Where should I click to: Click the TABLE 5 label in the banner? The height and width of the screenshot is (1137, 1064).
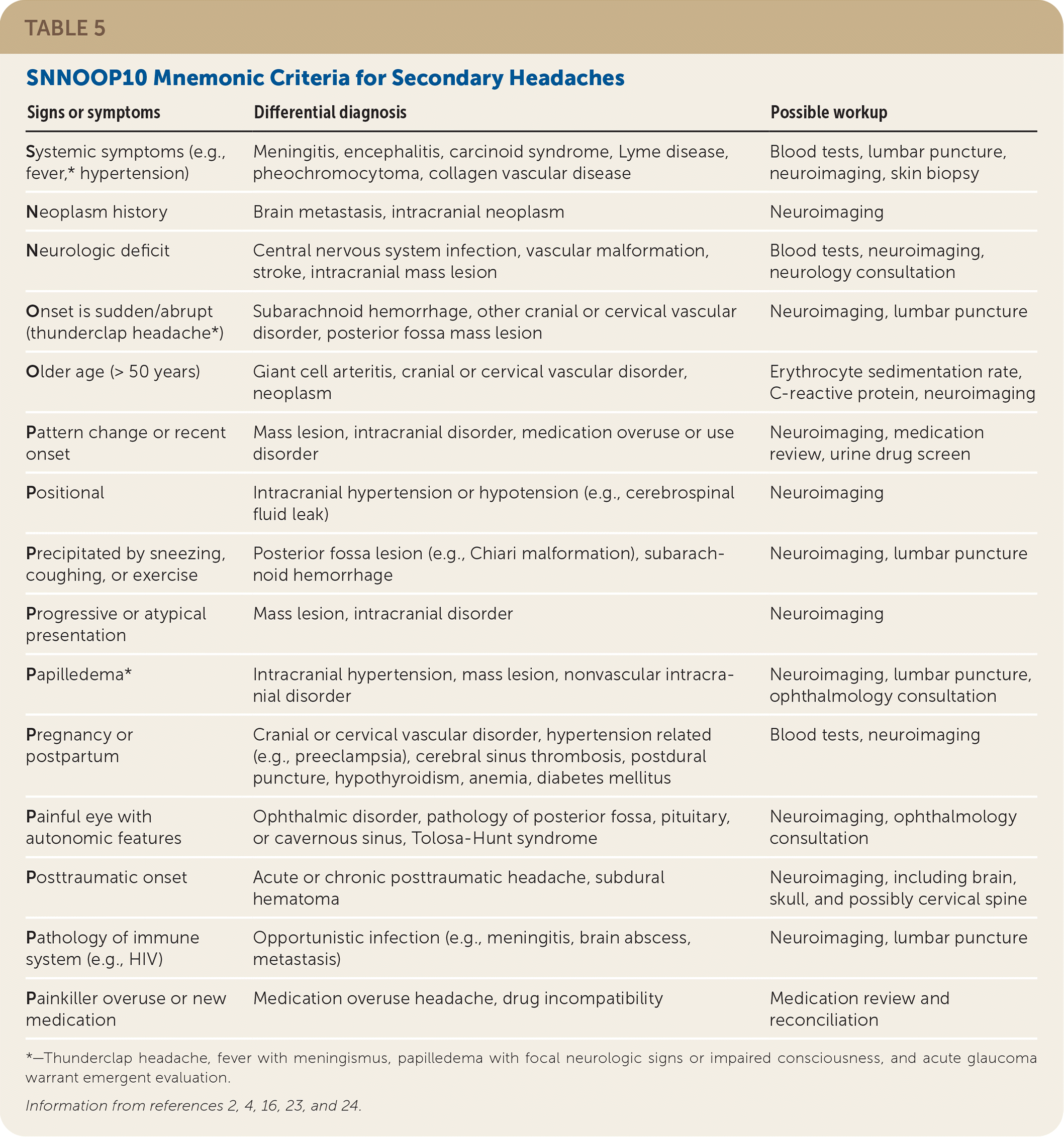point(65,28)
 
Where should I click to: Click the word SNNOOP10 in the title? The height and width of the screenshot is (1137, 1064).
point(86,78)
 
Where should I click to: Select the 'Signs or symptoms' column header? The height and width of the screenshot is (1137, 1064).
point(93,112)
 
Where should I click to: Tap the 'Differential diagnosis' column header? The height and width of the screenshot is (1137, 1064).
point(330,112)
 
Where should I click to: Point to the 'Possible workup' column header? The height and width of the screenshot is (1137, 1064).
point(828,112)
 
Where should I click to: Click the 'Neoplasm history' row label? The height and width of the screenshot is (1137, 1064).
point(96,212)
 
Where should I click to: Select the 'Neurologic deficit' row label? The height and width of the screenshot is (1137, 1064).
point(98,251)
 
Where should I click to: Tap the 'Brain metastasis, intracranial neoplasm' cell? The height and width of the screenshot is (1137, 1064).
point(408,212)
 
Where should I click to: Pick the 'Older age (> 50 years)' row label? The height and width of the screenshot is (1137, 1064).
point(113,372)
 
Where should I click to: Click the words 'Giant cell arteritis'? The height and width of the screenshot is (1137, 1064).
point(323,372)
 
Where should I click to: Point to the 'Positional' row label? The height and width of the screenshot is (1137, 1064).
point(65,493)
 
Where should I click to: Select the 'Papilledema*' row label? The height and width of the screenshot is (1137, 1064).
point(78,675)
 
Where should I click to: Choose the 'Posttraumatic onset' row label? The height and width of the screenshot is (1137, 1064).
point(106,877)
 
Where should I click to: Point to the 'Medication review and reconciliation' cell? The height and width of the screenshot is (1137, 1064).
point(858,1009)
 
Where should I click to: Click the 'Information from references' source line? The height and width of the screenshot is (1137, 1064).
point(193,1105)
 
